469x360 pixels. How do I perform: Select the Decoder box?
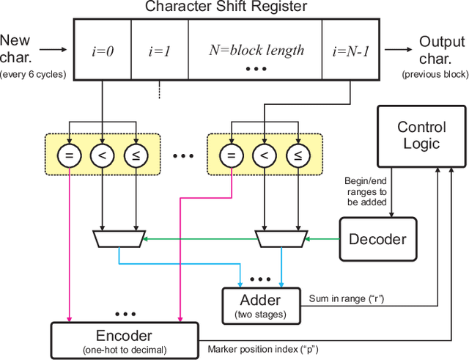[377, 239]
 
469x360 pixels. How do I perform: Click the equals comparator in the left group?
[68, 155]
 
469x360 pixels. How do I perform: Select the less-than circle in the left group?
[101, 155]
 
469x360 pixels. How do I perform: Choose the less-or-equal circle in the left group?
[135, 155]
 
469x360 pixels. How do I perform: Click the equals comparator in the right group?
[230, 155]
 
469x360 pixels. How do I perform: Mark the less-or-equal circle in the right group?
[297, 155]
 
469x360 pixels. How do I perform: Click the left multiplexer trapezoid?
[118, 238]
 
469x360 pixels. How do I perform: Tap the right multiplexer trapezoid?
[280, 238]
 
